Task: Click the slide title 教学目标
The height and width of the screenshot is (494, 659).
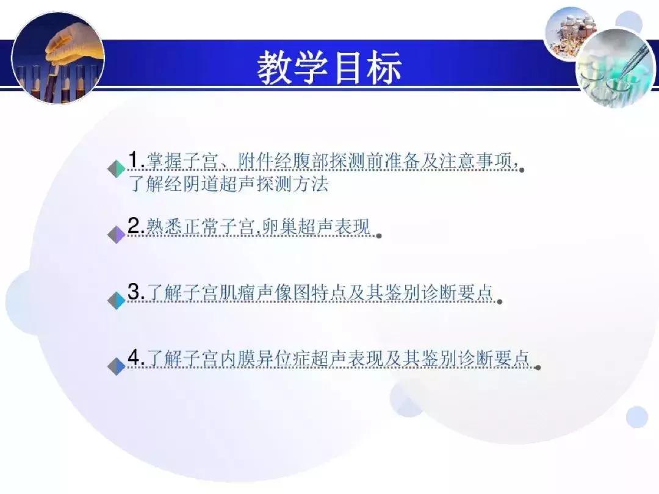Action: pyautogui.click(x=329, y=67)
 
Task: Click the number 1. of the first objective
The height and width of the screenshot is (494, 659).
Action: pyautogui.click(x=135, y=160)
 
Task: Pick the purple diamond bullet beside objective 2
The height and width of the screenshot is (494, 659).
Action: pyautogui.click(x=116, y=235)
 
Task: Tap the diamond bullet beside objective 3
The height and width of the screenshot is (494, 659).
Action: pyautogui.click(x=116, y=301)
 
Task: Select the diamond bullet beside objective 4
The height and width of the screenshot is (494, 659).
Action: pyautogui.click(x=116, y=367)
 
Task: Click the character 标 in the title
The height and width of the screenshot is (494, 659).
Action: pyautogui.click(x=383, y=67)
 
